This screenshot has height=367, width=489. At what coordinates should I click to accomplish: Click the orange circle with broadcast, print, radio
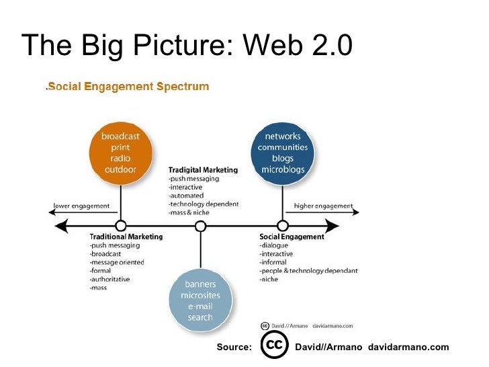point(121,151)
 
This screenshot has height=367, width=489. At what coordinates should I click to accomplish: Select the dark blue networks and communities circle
point(283,151)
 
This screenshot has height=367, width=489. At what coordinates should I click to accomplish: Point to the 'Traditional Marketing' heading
point(126,237)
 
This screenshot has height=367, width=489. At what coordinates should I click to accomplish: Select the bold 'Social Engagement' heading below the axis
point(292,237)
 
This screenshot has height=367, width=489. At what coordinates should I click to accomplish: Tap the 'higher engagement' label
point(323,206)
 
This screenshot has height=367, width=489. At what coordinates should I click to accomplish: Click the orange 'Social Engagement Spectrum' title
point(128,87)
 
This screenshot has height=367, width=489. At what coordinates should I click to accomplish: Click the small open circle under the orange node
point(121,226)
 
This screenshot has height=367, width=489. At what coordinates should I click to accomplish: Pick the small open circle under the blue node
point(283,226)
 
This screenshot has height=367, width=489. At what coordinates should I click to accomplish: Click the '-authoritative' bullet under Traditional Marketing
point(109,280)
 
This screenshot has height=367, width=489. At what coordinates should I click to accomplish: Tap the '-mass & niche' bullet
point(189,212)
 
